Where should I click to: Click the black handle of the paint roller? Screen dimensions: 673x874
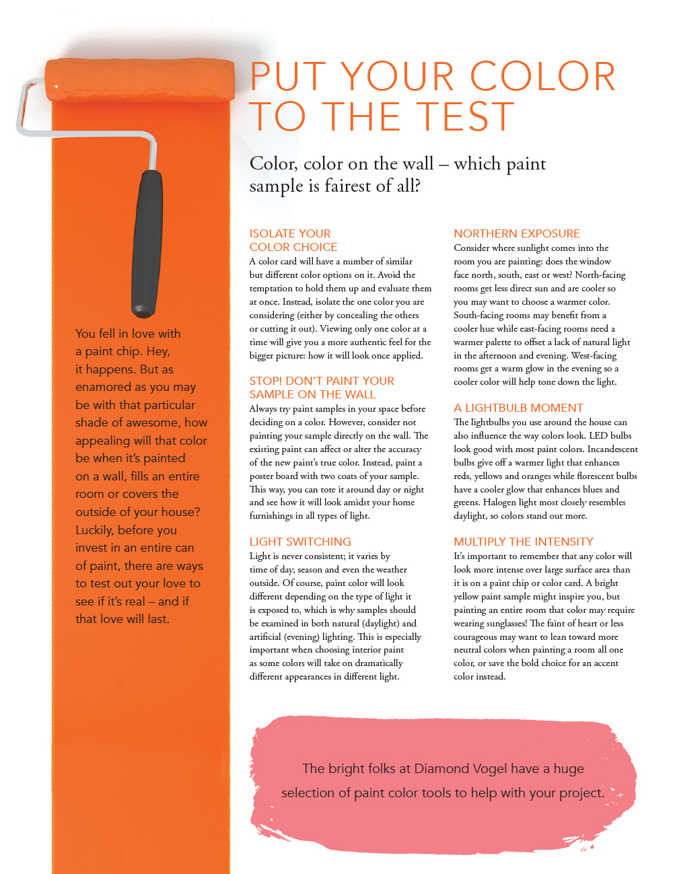point(147,244)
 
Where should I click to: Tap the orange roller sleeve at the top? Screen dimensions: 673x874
point(139,79)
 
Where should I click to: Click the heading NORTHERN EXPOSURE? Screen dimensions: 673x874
point(516,233)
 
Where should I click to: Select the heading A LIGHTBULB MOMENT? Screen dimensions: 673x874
point(518,408)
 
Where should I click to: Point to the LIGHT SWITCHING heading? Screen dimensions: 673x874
point(300,542)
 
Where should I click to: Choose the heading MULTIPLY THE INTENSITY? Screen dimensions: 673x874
point(524,542)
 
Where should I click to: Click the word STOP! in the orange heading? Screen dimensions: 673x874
point(266,381)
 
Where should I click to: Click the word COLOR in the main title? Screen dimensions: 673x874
point(542,76)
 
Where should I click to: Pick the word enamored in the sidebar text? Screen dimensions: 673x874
point(103,387)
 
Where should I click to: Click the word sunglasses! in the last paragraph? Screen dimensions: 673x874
point(502,624)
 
